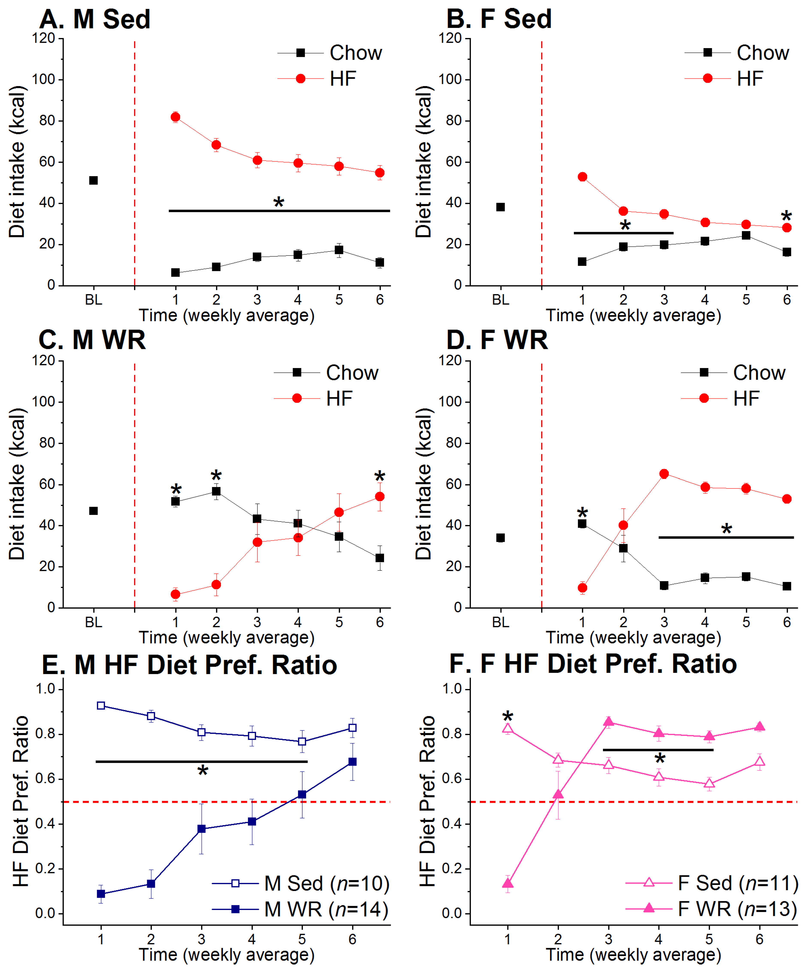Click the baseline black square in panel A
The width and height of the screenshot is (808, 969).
point(93,180)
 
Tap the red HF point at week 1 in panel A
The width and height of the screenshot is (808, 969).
point(175,117)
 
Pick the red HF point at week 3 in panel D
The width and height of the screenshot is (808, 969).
point(664,474)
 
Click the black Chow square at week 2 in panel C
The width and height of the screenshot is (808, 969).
point(216,491)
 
